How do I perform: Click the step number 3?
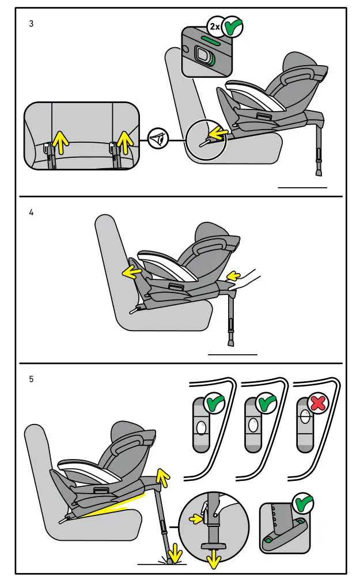coord(32,24)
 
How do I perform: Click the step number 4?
coord(32,212)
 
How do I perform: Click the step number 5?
coord(32,380)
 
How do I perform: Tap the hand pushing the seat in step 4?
coord(248,280)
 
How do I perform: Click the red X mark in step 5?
coord(317,404)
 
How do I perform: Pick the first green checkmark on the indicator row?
coord(214,403)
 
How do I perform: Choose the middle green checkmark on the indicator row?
coord(266,403)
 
